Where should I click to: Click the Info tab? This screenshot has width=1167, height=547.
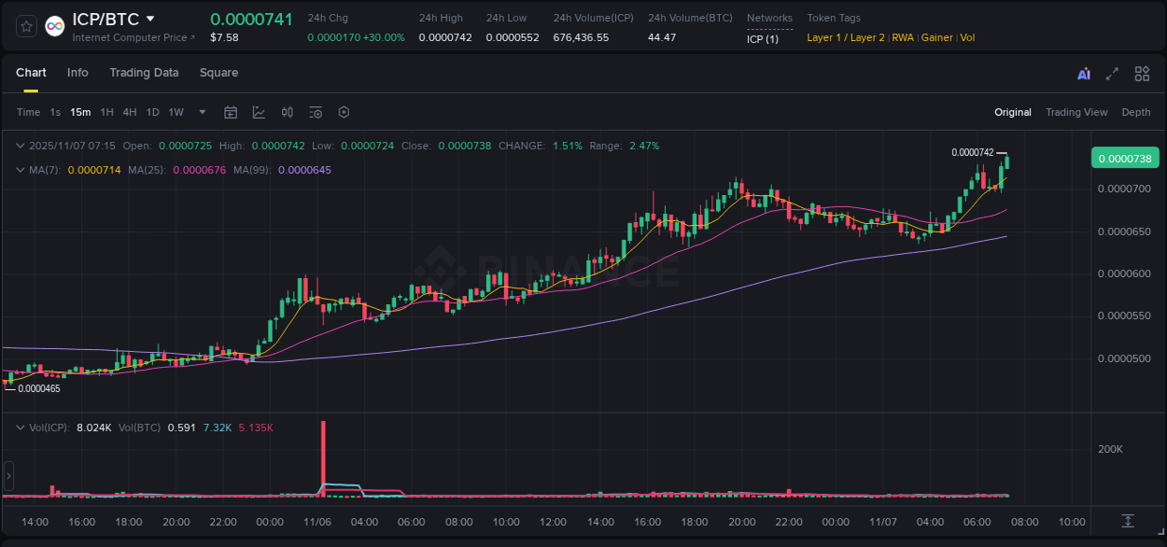point(77,73)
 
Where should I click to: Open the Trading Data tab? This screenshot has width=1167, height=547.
point(144,73)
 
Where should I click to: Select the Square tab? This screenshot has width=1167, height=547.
point(218,73)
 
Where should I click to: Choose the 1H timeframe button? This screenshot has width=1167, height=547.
point(106,112)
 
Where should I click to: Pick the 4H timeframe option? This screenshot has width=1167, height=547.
point(129,112)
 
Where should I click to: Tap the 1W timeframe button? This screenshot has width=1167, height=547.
point(176,112)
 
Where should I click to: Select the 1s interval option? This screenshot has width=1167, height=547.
point(55,112)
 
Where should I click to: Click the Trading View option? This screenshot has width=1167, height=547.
point(1076,112)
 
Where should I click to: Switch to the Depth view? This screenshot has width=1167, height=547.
point(1136,112)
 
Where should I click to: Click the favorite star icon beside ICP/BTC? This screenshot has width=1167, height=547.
point(27,26)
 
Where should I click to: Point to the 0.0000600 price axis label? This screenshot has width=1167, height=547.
point(1124,273)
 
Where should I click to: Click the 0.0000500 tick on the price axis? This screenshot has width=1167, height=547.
point(1124,358)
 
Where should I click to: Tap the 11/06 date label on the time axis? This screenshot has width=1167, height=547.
point(317,522)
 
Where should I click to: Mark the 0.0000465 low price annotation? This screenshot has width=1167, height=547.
point(39,388)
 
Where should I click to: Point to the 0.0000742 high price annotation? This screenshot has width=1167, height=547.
point(972,152)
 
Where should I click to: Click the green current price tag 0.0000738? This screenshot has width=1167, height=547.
point(1124,158)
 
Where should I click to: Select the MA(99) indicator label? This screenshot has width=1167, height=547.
point(255,170)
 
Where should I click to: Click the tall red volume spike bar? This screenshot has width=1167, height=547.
point(323,457)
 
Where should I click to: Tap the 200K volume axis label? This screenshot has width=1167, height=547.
point(1110,449)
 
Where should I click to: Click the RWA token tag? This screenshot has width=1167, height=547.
point(903,37)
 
